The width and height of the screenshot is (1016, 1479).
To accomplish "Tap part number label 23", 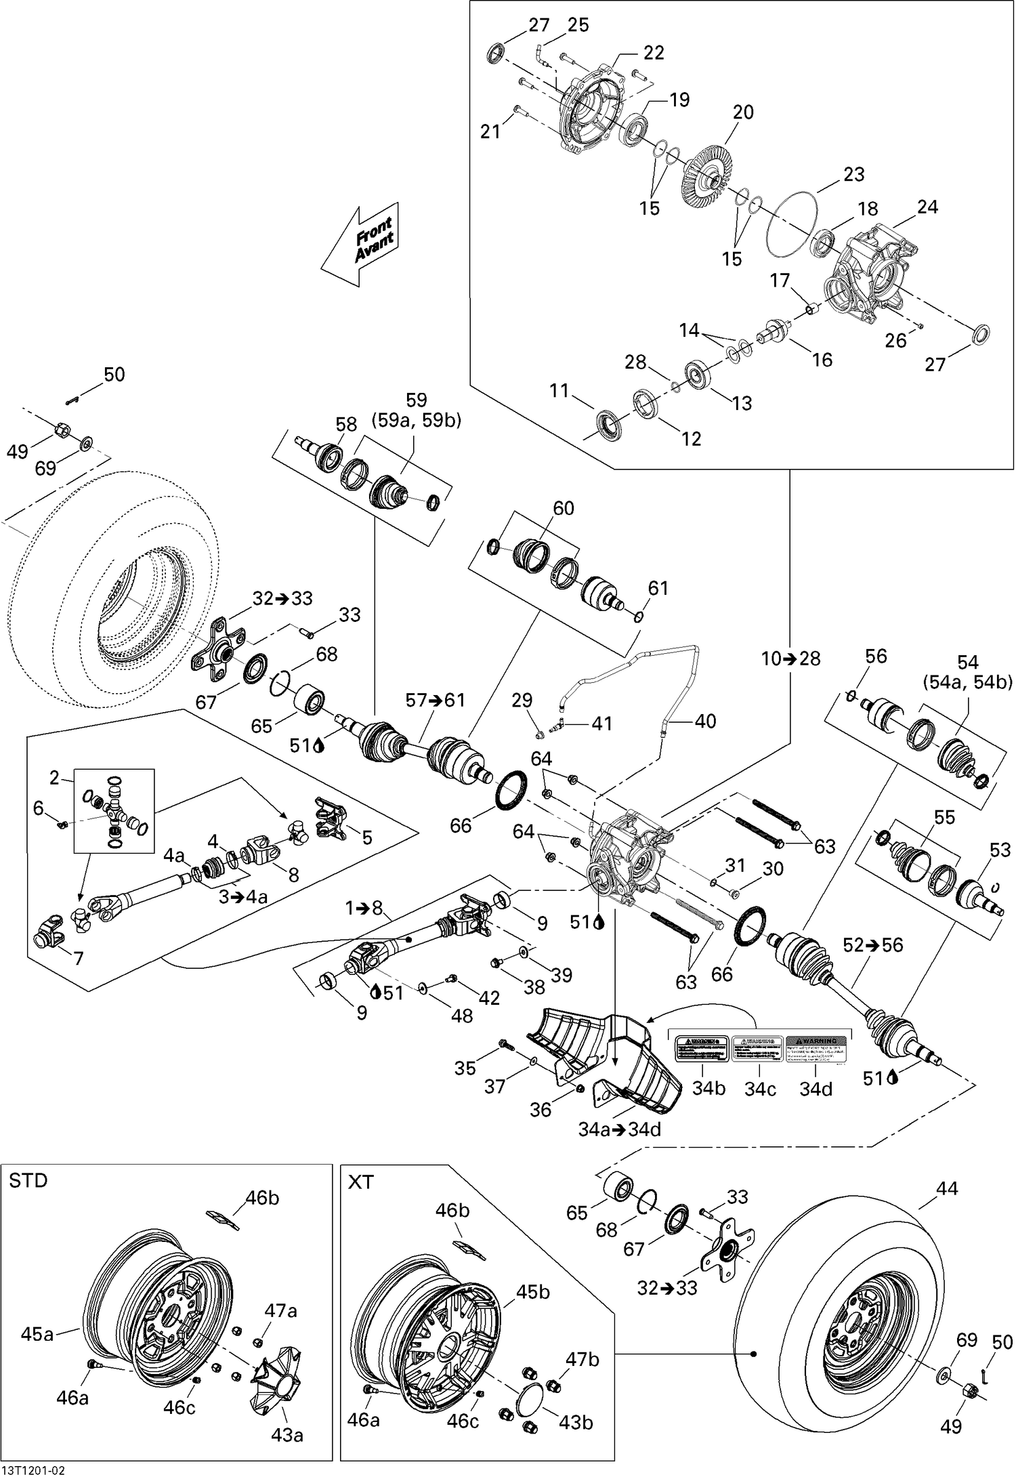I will tap(853, 175).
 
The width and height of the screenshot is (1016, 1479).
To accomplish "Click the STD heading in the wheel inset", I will tap(28, 1181).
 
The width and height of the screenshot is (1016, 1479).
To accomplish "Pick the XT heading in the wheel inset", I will tap(360, 1182).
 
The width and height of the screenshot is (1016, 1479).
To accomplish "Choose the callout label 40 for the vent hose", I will tap(705, 721).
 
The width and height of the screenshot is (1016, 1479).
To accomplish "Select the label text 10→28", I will tap(790, 659).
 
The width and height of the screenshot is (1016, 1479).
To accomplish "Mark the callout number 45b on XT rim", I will tap(533, 1292).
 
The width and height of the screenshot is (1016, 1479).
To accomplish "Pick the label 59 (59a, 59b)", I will tap(416, 410).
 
